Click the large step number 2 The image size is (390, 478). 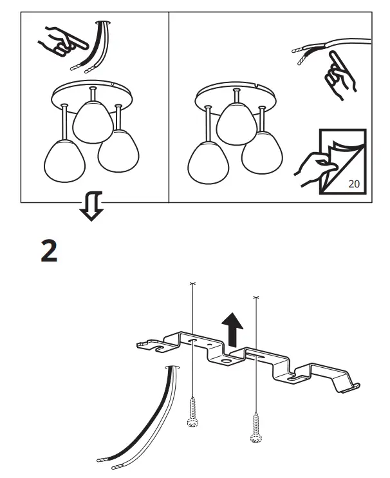point(49,252)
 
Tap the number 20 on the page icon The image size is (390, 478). point(353,183)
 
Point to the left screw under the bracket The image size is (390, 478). point(190,412)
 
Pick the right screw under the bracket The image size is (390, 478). point(256,428)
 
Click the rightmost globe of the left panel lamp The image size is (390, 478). point(118,151)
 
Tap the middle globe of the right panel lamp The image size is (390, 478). point(237,124)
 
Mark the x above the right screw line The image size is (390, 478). point(256,297)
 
